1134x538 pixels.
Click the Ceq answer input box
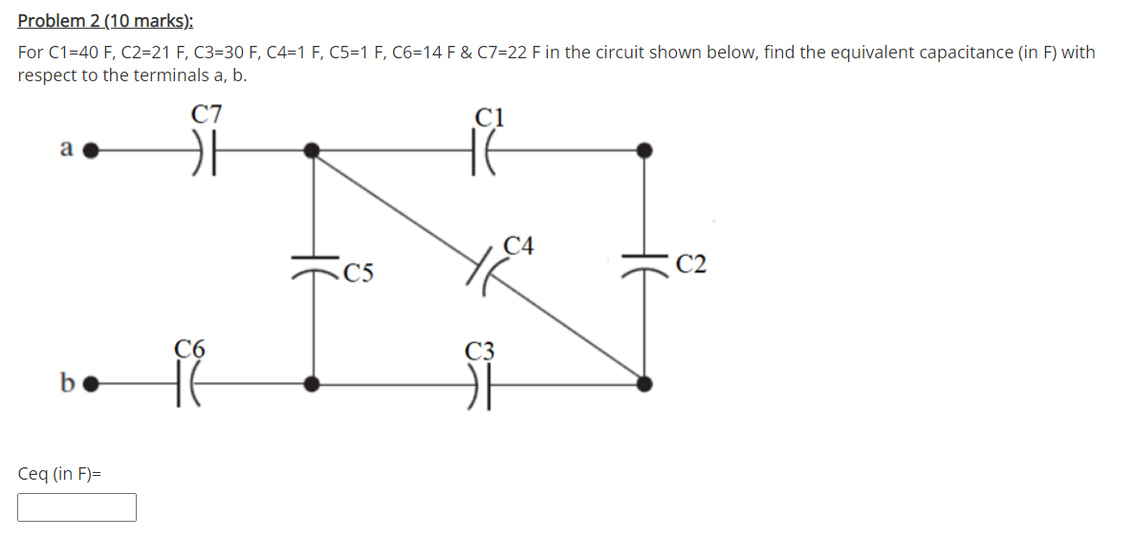pos(76,507)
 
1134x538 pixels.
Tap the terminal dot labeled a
pos(92,150)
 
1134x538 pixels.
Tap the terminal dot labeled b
pos(92,384)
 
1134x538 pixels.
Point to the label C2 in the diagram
pos(689,265)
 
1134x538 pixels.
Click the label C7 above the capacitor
pos(207,115)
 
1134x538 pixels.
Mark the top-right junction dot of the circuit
pos(644,150)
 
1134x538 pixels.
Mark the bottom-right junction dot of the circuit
pos(644,384)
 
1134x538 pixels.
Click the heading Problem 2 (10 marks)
pos(98,20)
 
